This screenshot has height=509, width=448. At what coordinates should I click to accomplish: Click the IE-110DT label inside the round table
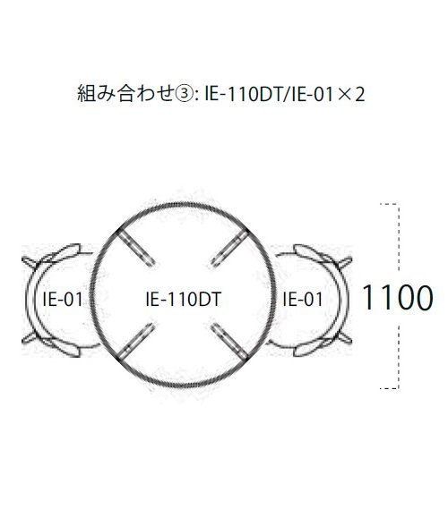click(184, 300)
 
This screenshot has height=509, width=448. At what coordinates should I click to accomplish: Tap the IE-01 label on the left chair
click(63, 299)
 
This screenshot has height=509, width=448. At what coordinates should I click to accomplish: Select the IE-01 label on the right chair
click(303, 299)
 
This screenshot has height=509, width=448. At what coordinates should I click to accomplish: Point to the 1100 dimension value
click(397, 297)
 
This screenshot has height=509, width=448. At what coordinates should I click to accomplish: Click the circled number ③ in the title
click(185, 94)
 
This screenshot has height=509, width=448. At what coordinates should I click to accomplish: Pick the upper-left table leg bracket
click(134, 247)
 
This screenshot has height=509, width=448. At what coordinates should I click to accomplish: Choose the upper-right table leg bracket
click(230, 247)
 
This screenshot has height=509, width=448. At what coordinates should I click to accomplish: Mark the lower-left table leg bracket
click(135, 341)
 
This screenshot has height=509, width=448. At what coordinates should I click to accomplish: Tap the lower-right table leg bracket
click(230, 341)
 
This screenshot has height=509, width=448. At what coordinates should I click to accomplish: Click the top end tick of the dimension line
click(389, 204)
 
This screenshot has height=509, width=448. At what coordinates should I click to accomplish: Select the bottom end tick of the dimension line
click(389, 388)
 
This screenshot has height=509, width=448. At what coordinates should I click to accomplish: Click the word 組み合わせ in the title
click(125, 94)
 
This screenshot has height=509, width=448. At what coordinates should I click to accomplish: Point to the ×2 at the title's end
click(351, 95)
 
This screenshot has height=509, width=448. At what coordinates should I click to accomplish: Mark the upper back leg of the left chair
click(30, 262)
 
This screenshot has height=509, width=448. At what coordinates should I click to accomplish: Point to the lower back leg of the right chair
click(344, 337)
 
